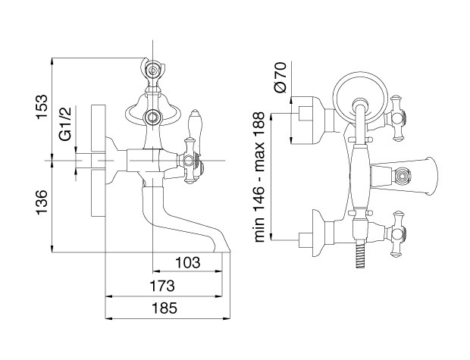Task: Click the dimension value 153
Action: tap(42, 108)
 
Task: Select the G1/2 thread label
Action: tap(66, 124)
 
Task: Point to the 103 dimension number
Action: tap(188, 262)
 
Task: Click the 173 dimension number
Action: tap(162, 286)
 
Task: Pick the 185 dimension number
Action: tap(164, 308)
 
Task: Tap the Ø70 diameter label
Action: tap(280, 77)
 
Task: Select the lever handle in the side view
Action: tap(193, 132)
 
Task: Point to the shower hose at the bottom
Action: tap(359, 254)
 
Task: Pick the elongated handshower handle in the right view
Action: tap(360, 177)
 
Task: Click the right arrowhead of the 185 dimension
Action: tap(228, 318)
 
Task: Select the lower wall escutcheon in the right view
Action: tap(318, 233)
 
